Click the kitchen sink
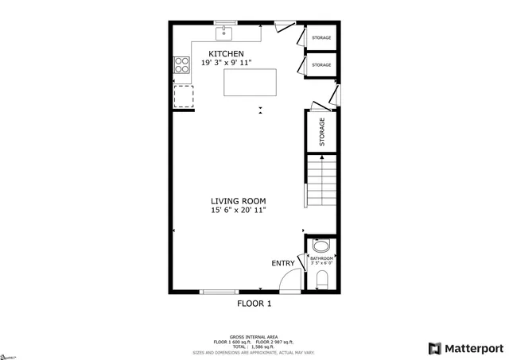(225, 33)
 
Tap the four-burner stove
(181, 65)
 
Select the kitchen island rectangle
(250, 82)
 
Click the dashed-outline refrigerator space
(183, 95)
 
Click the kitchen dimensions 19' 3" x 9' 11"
(237, 62)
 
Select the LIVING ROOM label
(238, 201)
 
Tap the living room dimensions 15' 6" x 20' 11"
(238, 211)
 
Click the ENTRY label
(282, 263)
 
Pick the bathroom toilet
(321, 279)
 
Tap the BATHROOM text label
(321, 258)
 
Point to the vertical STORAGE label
(322, 131)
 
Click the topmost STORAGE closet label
(321, 37)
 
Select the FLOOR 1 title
(254, 304)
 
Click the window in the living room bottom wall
(218, 292)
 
